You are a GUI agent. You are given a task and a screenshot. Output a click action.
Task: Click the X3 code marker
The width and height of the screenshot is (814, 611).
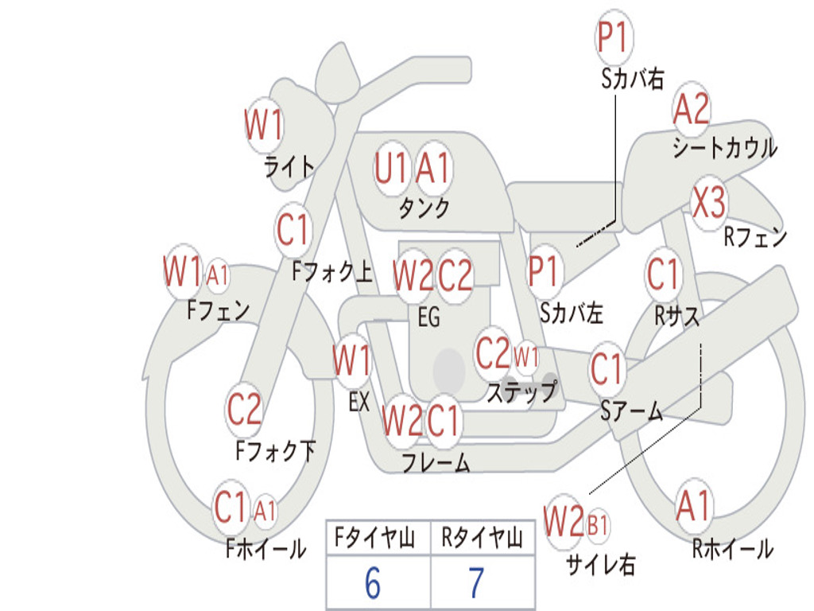pyautogui.click(x=709, y=203)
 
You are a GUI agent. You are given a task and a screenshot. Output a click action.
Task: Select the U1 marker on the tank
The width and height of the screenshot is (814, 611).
pyautogui.click(x=390, y=169)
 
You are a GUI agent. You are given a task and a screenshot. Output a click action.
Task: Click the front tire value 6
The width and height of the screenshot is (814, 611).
pyautogui.click(x=373, y=583)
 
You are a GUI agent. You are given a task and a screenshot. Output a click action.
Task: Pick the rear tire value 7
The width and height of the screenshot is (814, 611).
pyautogui.click(x=477, y=583)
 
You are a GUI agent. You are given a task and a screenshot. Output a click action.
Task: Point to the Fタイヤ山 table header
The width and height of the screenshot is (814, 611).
pyautogui.click(x=374, y=538)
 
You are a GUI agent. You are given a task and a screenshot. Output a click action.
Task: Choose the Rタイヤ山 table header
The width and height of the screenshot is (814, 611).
pyautogui.click(x=482, y=538)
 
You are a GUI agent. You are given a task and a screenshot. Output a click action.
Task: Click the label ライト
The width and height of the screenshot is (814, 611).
pyautogui.click(x=289, y=167)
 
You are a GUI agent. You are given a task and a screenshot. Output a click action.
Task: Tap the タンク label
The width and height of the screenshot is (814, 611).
pyautogui.click(x=424, y=208)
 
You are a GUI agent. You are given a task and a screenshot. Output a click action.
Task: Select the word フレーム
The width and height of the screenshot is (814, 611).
pyautogui.click(x=436, y=462)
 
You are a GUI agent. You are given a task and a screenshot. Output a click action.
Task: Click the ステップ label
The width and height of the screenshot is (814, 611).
pyautogui.click(x=521, y=391)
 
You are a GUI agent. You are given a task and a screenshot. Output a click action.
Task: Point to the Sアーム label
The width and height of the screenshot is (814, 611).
pyautogui.click(x=632, y=411)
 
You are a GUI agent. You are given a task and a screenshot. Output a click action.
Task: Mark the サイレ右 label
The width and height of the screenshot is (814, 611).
pyautogui.click(x=601, y=564)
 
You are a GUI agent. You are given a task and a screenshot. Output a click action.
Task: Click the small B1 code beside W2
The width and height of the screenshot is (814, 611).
pyautogui.click(x=598, y=525)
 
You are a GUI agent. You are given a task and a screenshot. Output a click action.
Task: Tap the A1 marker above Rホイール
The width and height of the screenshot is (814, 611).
pyautogui.click(x=692, y=506)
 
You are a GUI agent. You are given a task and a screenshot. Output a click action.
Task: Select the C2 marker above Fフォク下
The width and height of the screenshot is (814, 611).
pyautogui.click(x=244, y=408)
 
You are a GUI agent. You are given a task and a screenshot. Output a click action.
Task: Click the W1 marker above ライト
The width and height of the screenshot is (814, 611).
pyautogui.click(x=264, y=125)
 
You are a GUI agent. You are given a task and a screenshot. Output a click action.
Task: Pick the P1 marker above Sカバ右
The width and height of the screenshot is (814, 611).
pyautogui.click(x=614, y=37)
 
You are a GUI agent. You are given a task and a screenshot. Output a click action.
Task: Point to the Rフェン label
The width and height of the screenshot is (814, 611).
pyautogui.click(x=755, y=237)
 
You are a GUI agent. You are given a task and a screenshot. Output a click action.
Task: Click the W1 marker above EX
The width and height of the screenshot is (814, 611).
pyautogui.click(x=352, y=360)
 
